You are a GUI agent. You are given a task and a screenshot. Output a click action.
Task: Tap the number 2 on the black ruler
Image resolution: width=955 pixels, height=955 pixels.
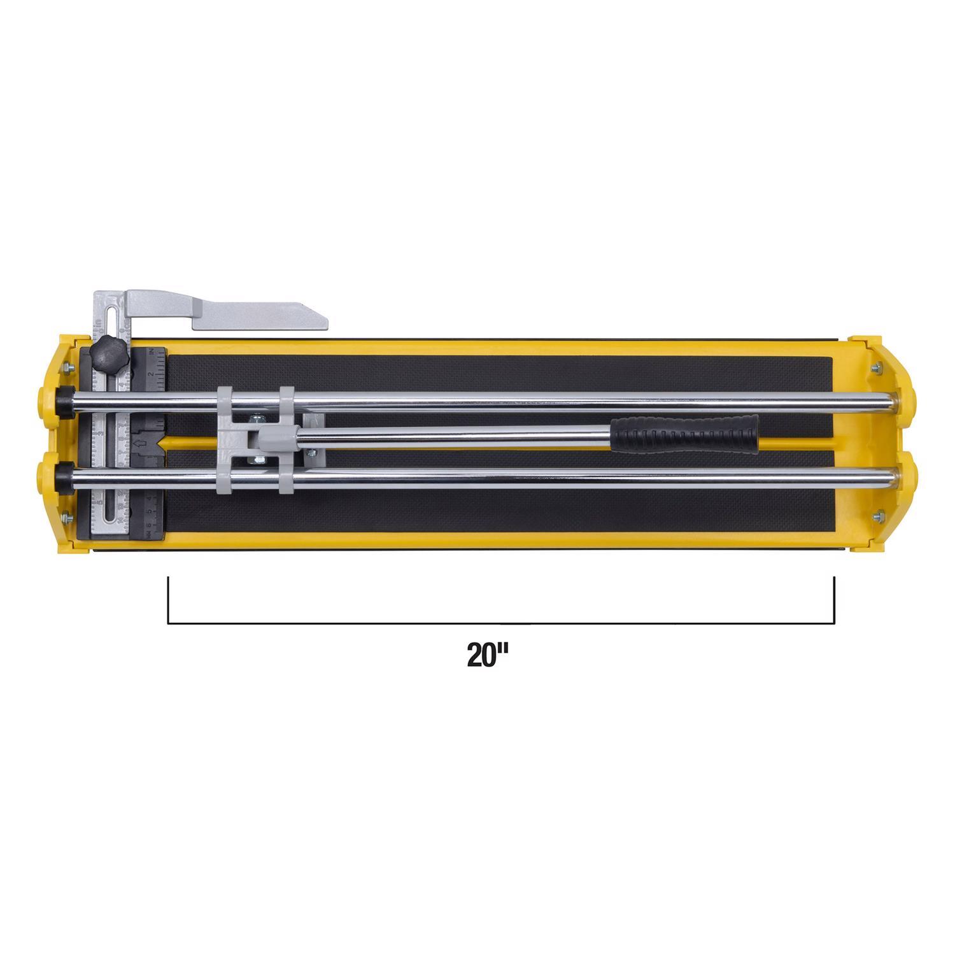[x=153, y=374]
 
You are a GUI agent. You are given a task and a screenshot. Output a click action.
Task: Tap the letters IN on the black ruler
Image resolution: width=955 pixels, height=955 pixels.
[x=152, y=351]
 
